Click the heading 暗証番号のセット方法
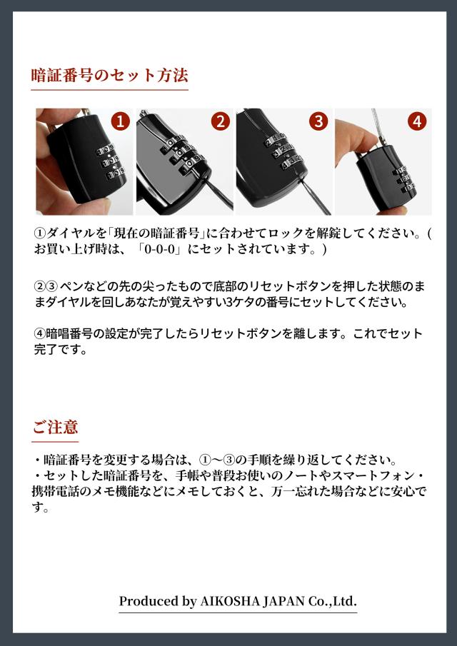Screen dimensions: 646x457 [x=110, y=75]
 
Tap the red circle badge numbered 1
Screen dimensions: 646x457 [x=121, y=121]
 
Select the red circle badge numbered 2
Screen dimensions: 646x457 [x=221, y=121]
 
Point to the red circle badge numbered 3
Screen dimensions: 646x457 [x=318, y=121]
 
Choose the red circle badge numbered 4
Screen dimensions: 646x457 [x=418, y=121]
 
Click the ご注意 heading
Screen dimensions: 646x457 [x=55, y=428]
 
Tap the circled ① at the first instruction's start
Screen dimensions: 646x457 [x=40, y=234]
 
